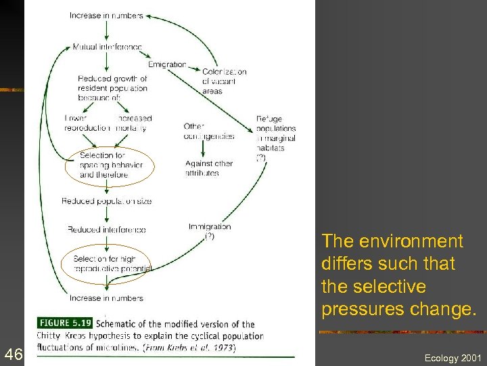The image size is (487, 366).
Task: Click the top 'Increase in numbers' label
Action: click(106, 16)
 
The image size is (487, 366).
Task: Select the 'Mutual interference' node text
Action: click(108, 47)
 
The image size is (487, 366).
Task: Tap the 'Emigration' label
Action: click(167, 65)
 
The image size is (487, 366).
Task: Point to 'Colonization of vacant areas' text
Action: click(224, 81)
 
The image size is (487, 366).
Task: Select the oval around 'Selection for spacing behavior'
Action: click(110, 165)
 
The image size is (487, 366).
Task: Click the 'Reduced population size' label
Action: click(106, 201)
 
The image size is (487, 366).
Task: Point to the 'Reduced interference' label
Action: click(106, 230)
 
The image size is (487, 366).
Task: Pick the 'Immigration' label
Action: click(210, 227)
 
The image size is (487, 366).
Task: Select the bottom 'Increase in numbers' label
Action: click(106, 298)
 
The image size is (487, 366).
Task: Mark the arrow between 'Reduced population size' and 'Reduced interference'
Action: click(106, 216)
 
